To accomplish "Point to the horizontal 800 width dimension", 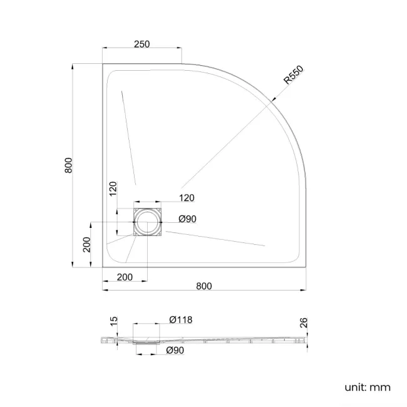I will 204,286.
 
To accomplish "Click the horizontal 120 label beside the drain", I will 187,198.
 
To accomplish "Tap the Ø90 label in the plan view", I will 188,219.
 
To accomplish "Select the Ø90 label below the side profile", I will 175,351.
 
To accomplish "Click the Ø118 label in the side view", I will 180,320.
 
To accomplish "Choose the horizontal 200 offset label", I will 125,277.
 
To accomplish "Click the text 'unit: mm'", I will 367,387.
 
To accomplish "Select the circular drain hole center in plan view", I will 148,222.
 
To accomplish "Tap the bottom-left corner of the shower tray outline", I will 103,267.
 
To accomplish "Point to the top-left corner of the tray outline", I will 103,63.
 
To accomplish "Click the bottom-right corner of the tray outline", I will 306,267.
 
